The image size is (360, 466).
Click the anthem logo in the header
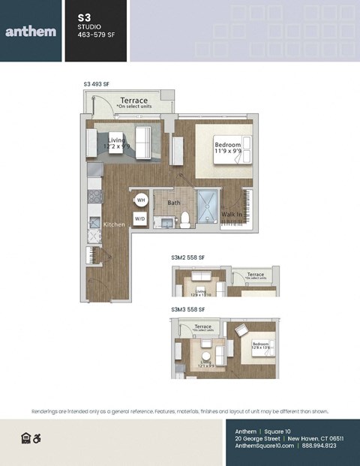pos(30,32)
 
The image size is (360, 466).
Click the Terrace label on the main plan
pos(133,101)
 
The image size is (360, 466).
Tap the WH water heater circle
pos(140,200)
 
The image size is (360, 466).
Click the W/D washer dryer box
pos(139,219)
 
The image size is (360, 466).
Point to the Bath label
pos(173,203)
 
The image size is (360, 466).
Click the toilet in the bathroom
pos(184,220)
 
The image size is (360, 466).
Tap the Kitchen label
pos(114,224)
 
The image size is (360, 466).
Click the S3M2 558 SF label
pos(187,257)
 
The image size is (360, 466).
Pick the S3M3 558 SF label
pos(187,309)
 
